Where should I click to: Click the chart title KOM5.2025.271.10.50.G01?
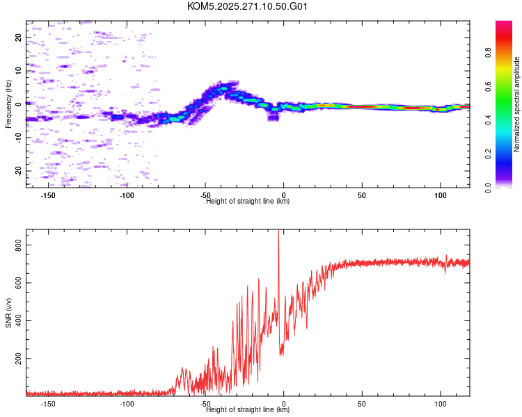[247, 6]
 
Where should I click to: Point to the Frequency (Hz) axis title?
[8, 104]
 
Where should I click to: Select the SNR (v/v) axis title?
[8, 313]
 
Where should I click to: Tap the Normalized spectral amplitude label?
[516, 104]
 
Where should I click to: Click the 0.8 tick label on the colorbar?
[488, 53]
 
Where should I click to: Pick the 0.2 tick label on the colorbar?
[488, 154]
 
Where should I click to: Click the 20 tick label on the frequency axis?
[18, 38]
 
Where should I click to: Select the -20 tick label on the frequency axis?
[18, 171]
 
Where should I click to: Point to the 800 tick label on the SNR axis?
[18, 245]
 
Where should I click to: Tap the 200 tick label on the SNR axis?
[18, 359]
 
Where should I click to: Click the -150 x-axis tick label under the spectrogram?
[48, 195]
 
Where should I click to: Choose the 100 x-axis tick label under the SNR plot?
[441, 404]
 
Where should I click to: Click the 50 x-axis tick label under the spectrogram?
[362, 195]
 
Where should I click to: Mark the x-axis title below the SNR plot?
[248, 409]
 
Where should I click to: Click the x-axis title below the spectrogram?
[248, 201]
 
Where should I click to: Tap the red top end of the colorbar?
[504, 23]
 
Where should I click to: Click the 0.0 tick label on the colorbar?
[488, 188]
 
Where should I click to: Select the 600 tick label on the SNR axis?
[18, 283]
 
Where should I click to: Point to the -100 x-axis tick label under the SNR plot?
[127, 404]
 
